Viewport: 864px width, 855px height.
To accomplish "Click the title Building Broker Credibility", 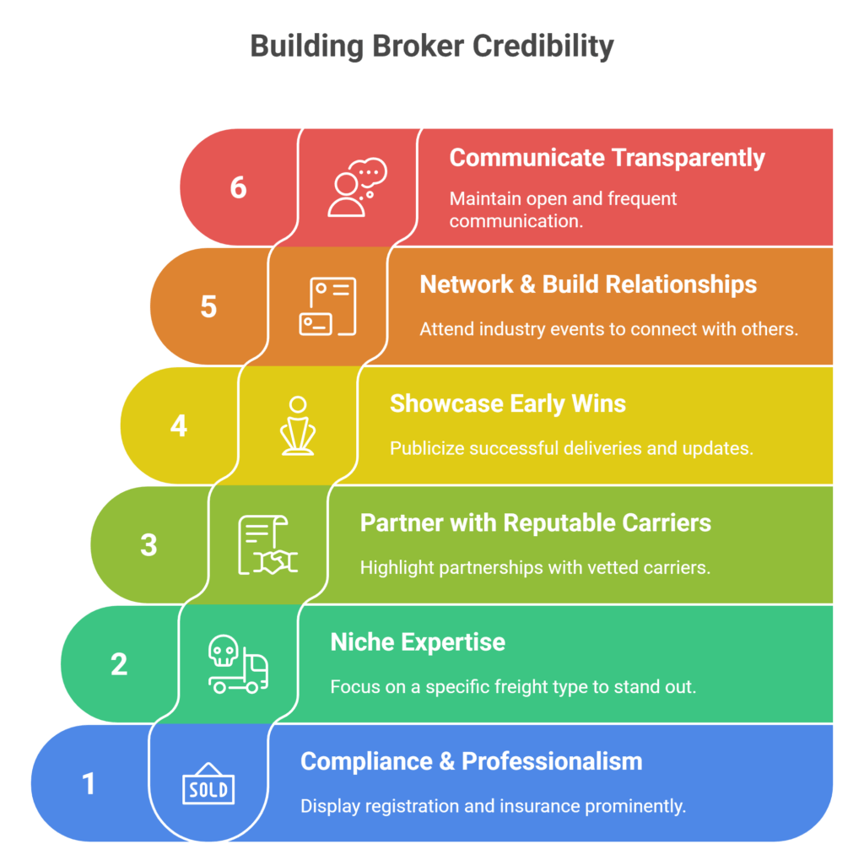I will click(x=432, y=46).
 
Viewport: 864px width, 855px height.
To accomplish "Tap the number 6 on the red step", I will click(x=239, y=187).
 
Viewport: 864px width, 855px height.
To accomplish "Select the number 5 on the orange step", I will click(x=208, y=306).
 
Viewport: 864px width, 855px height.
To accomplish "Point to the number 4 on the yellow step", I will click(x=178, y=425).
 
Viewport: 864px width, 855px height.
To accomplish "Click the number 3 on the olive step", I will click(x=148, y=545).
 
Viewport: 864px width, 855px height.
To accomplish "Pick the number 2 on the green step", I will click(x=119, y=664).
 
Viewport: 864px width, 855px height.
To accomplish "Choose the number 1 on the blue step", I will click(x=89, y=784).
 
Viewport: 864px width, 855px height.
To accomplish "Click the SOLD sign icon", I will click(x=208, y=786).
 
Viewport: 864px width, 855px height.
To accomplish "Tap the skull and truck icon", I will click(x=238, y=665).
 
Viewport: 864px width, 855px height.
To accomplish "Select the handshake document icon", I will click(x=267, y=545).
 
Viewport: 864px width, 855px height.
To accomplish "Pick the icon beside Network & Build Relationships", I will click(x=327, y=306).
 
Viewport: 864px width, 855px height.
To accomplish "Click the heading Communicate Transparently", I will click(x=607, y=158).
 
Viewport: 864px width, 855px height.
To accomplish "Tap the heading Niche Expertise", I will click(x=418, y=642).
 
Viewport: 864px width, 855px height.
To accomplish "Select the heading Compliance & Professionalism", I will click(x=471, y=761).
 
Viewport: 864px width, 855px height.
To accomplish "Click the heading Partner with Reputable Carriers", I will click(x=535, y=522).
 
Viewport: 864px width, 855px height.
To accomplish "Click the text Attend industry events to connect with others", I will click(x=608, y=329).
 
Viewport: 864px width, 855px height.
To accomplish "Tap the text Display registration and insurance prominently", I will click(x=493, y=806).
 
